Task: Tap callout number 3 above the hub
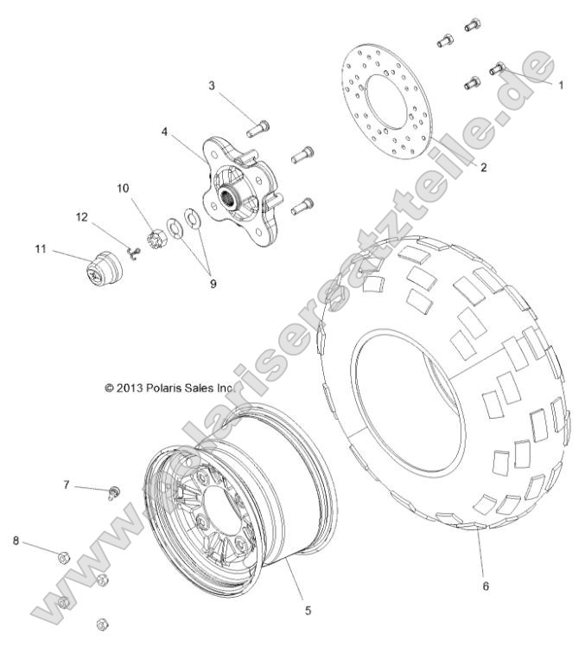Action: [x=210, y=85]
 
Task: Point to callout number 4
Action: [x=164, y=132]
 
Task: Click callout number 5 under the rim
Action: [x=308, y=610]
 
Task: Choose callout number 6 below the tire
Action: [x=485, y=586]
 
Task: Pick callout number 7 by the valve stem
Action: [x=65, y=486]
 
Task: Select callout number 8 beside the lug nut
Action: [x=16, y=541]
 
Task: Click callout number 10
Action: [x=122, y=188]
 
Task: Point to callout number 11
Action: [x=40, y=250]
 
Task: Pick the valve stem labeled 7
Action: [x=114, y=493]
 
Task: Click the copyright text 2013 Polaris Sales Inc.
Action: [x=169, y=389]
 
